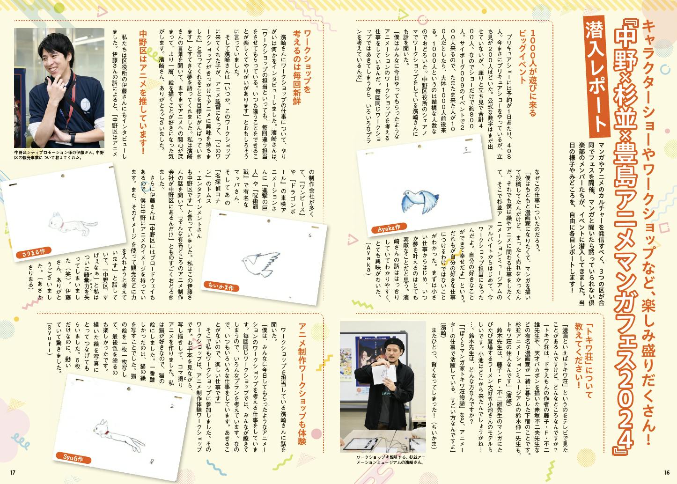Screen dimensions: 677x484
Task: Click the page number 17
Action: [13, 472]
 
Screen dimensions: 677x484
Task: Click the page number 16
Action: [667, 472]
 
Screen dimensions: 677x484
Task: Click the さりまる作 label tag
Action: [33, 252]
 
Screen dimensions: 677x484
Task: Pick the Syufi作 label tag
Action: [73, 458]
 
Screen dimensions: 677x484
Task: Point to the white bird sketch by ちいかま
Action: [260, 264]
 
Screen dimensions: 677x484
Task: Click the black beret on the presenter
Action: [392, 344]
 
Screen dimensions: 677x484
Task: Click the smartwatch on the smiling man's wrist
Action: [72, 139]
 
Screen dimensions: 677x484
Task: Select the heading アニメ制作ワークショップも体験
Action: [302, 384]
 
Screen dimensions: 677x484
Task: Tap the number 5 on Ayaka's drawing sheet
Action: [466, 149]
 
